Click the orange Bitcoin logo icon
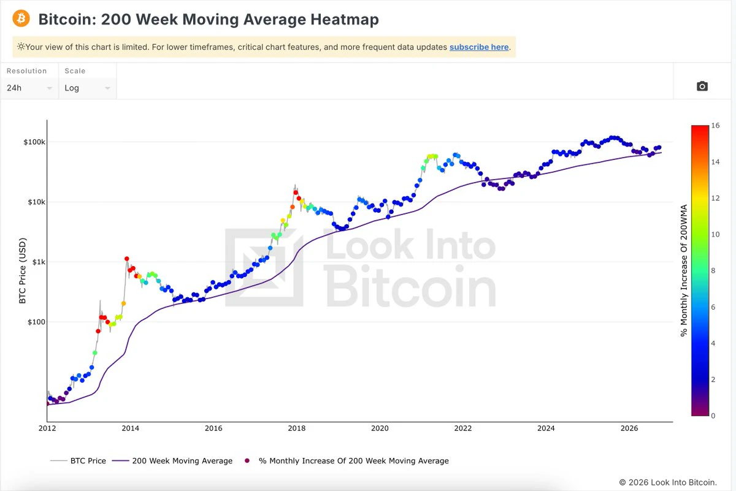tap(21, 18)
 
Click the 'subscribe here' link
tap(479, 47)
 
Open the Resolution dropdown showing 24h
tap(29, 88)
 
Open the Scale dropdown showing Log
tap(87, 88)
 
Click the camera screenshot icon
tap(702, 86)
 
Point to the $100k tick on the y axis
tap(34, 142)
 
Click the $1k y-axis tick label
tap(39, 262)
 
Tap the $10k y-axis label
tap(36, 202)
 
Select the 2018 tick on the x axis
tap(297, 428)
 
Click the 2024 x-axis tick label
tap(546, 428)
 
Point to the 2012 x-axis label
tap(47, 428)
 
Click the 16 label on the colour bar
tap(715, 126)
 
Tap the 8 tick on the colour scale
tap(713, 270)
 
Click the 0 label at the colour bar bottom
tap(713, 416)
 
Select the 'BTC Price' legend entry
tap(79, 461)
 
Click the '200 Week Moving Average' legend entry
tap(172, 461)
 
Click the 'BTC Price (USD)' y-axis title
tap(22, 270)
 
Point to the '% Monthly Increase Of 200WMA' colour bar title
tap(684, 270)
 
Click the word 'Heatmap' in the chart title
tap(345, 19)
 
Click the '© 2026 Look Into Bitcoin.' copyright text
tap(668, 482)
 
